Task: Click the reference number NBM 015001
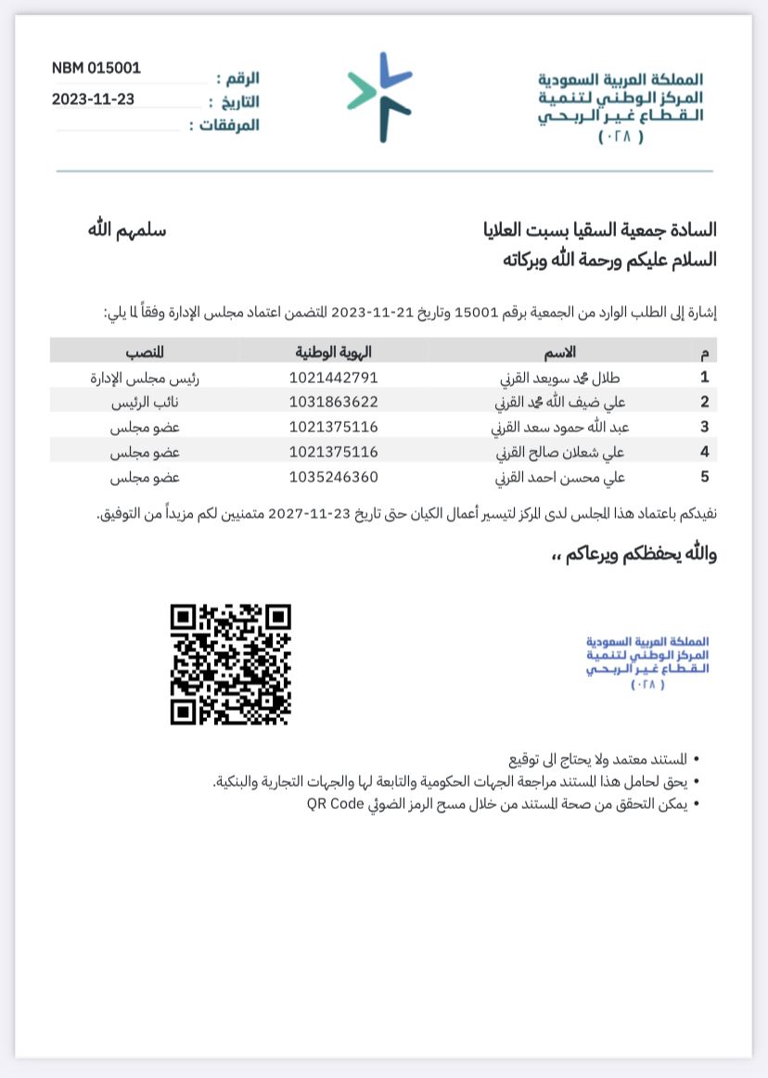(x=96, y=68)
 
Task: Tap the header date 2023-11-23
(x=93, y=99)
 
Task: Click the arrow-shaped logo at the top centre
(x=380, y=96)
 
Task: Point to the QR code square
(x=231, y=664)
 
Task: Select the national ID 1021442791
(x=334, y=378)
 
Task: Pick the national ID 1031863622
(x=334, y=403)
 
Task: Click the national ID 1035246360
(x=334, y=478)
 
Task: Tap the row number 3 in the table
(x=705, y=428)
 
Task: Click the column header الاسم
(x=561, y=352)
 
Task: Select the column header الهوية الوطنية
(x=334, y=352)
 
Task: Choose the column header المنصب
(x=145, y=352)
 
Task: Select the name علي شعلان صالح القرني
(x=561, y=453)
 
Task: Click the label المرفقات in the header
(x=224, y=125)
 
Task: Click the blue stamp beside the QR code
(x=647, y=662)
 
